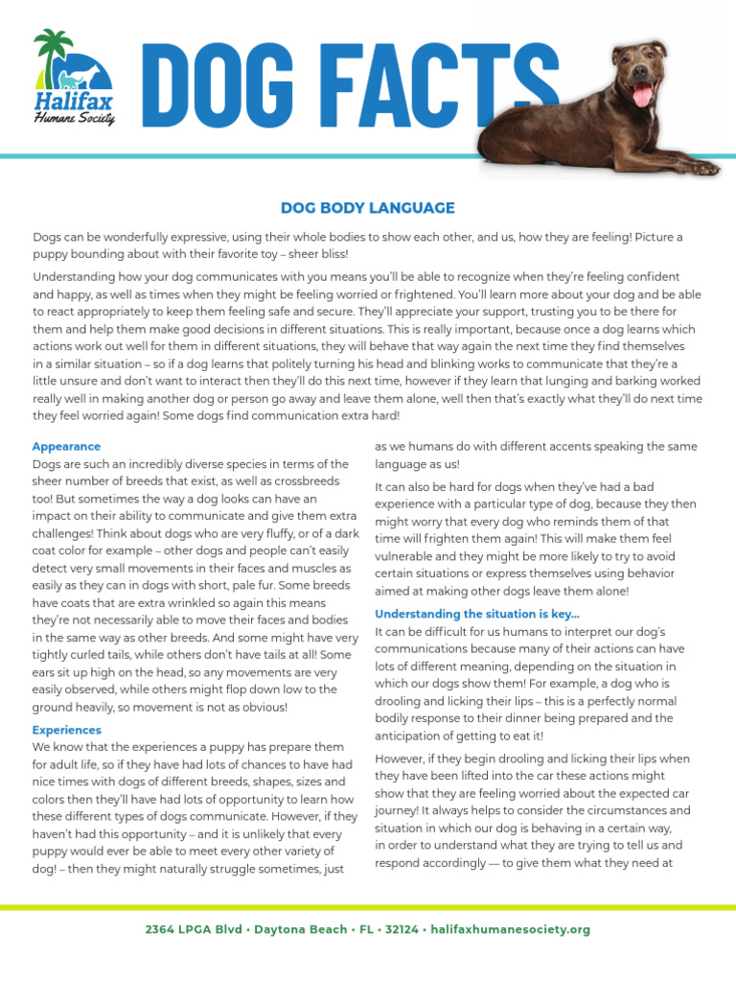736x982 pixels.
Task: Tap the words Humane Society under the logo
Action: [74, 119]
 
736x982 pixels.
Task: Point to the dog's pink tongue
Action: [641, 94]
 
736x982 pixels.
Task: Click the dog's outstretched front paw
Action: [700, 167]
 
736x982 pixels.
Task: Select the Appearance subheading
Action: [66, 447]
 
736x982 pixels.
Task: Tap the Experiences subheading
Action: [66, 730]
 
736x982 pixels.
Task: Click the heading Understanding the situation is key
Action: [476, 614]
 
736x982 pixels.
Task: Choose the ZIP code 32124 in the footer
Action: [401, 929]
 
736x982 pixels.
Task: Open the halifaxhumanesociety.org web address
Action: [511, 929]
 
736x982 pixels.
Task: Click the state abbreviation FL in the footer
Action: [368, 929]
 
